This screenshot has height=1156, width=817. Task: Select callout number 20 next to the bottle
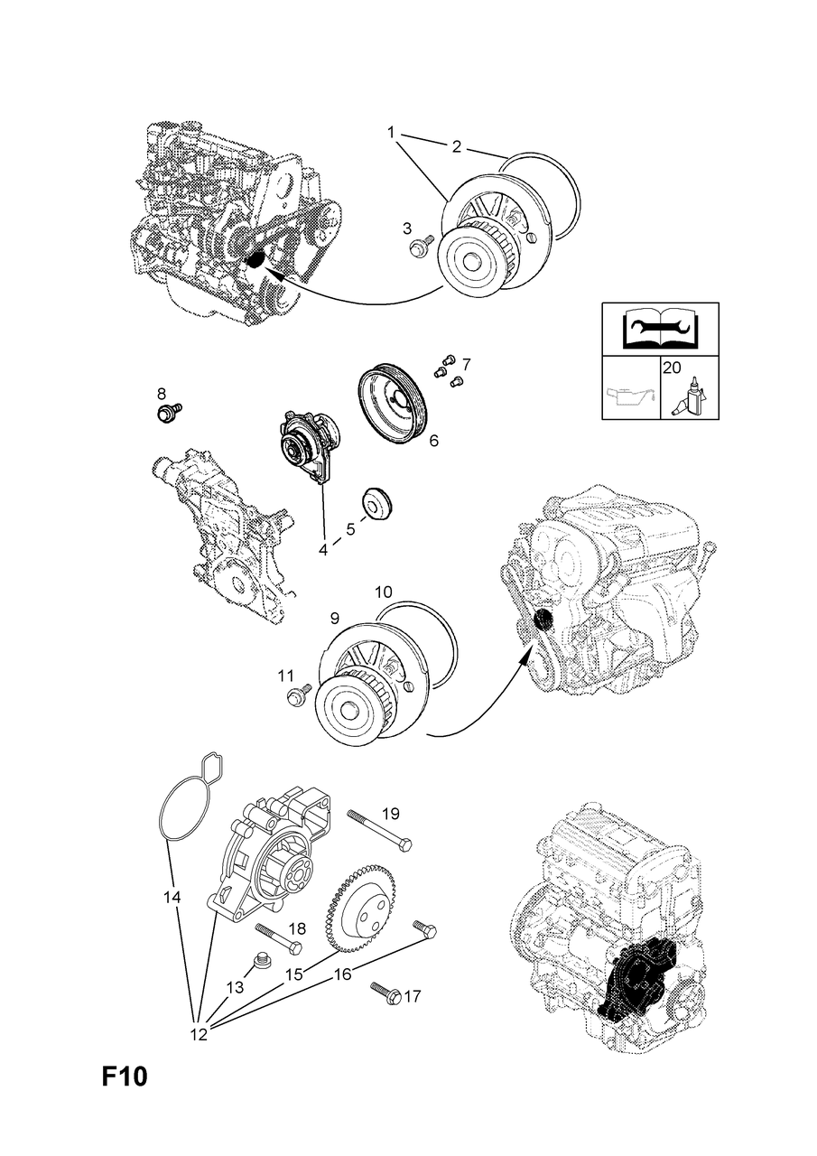point(672,368)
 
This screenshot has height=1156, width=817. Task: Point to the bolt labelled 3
point(421,246)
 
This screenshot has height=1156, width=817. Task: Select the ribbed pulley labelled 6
point(392,404)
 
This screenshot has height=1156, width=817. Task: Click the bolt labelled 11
point(299,695)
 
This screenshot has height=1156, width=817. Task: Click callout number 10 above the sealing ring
point(384,592)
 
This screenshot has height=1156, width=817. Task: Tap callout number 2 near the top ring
point(456,146)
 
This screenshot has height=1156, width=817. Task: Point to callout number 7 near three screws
point(466,365)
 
